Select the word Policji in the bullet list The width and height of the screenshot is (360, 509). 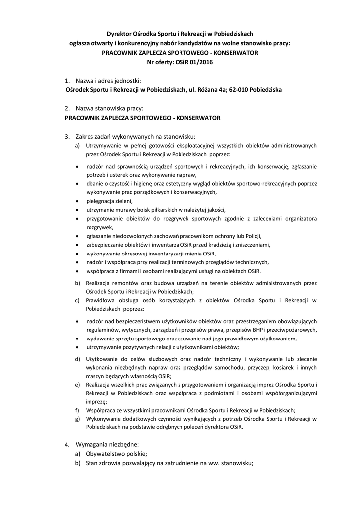tap(251, 235)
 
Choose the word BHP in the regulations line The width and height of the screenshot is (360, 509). tap(257, 330)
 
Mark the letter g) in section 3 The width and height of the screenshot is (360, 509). tap(77, 419)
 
